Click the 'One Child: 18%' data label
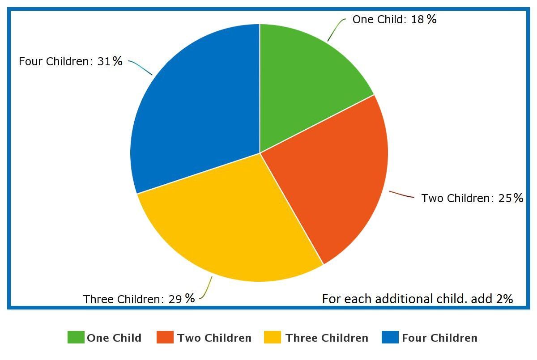pos(394,19)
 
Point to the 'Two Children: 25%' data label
pos(472,198)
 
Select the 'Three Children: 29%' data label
pos(139,299)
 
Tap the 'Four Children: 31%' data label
pos(70,61)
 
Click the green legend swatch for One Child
pos(76,338)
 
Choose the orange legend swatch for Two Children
pos(165,338)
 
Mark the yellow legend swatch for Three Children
pos(273,338)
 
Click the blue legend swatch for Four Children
pos(390,338)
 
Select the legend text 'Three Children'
pos(327,338)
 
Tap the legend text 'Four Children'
pos(439,338)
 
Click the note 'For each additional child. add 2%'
pos(417,299)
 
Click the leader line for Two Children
pos(402,195)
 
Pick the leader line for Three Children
pos(207,288)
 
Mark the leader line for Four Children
pos(141,67)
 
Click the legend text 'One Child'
pos(114,338)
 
